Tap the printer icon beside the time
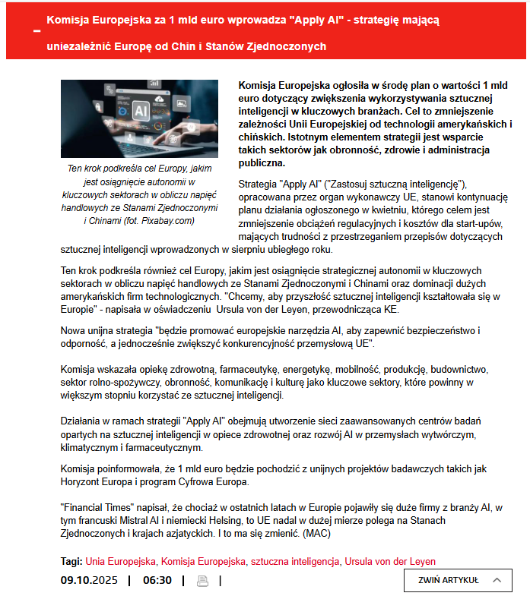(202, 581)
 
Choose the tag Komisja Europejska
(203, 562)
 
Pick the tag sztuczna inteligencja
(295, 562)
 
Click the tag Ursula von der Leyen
(390, 562)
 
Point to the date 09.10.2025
(89, 581)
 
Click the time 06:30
(157, 581)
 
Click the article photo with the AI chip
(139, 119)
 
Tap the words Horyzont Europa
(95, 482)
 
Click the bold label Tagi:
(71, 562)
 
